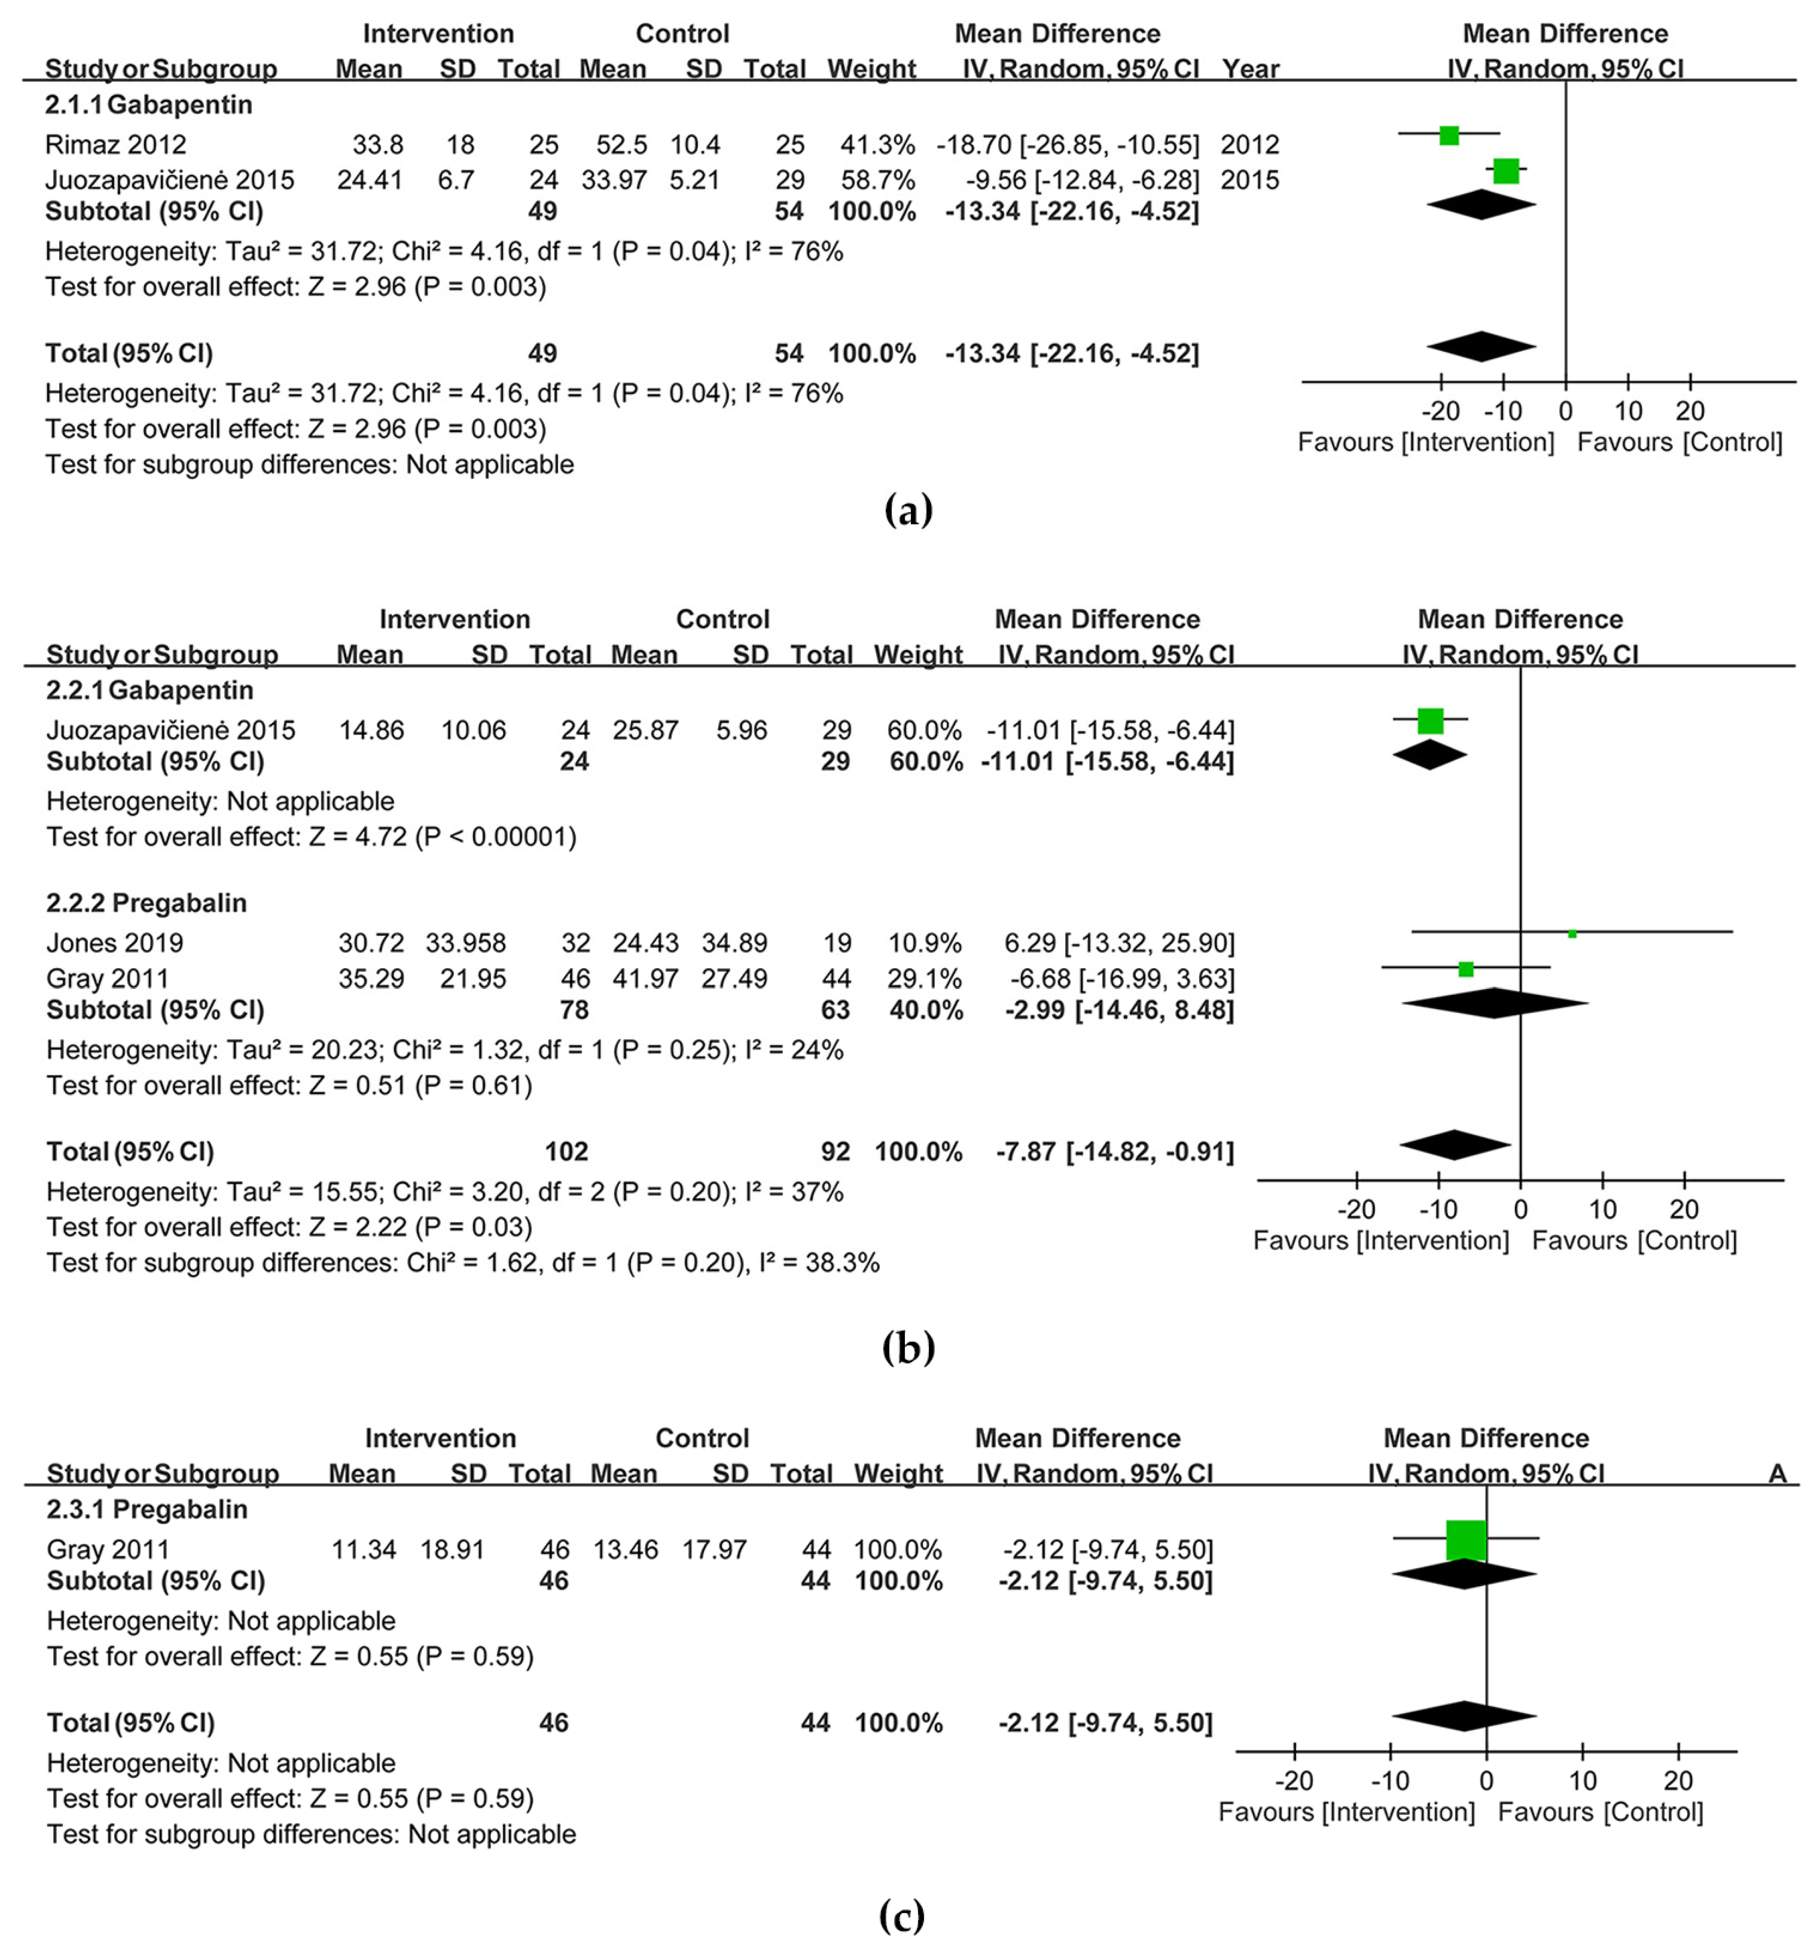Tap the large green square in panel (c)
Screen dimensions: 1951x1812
(x=1466, y=1540)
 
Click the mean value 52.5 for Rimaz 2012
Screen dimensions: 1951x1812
(x=622, y=145)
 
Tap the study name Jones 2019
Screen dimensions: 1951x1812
(x=115, y=943)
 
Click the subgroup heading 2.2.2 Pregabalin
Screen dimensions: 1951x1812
(x=147, y=903)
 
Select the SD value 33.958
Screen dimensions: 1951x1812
(x=466, y=943)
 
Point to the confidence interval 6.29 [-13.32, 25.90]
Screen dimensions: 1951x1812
(x=1119, y=943)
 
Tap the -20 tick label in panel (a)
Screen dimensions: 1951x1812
(x=1440, y=411)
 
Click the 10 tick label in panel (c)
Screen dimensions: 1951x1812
(x=1582, y=1781)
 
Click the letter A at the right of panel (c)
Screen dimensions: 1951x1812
(x=1777, y=1473)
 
